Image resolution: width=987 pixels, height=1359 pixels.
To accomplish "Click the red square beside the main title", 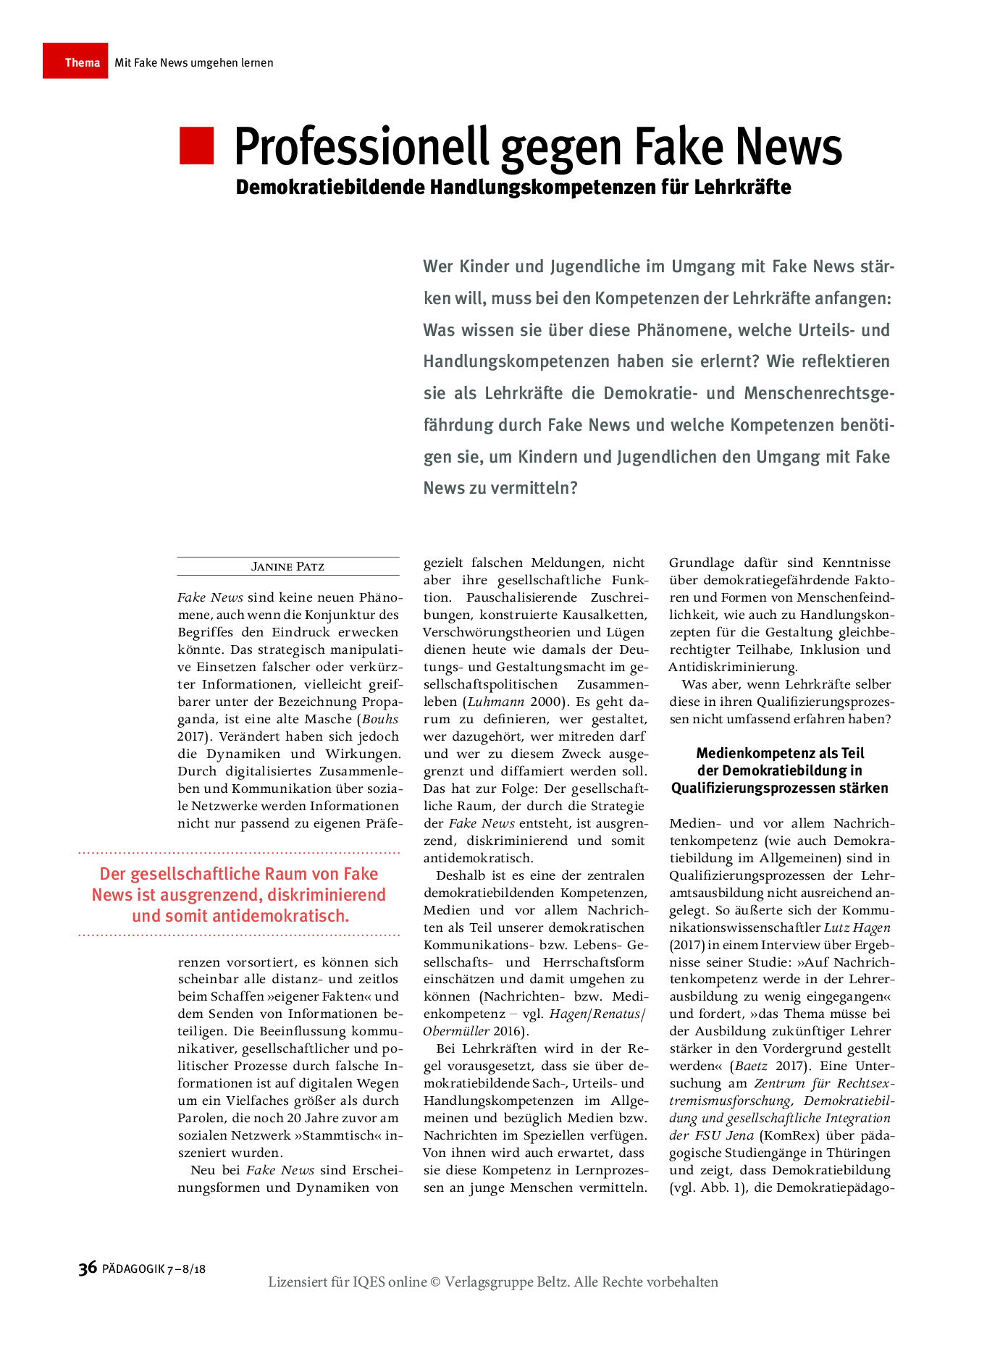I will click(197, 146).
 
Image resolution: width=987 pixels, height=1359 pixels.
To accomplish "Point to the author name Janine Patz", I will click(287, 566).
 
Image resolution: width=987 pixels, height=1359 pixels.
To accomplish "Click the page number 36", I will click(88, 1268).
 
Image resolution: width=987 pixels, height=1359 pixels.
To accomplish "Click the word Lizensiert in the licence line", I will click(298, 1282).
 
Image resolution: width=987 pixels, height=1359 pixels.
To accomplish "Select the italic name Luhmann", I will click(496, 702).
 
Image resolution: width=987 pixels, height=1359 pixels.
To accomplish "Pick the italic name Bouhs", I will click(380, 719).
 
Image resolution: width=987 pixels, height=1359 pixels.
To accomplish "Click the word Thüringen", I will click(859, 1153).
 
